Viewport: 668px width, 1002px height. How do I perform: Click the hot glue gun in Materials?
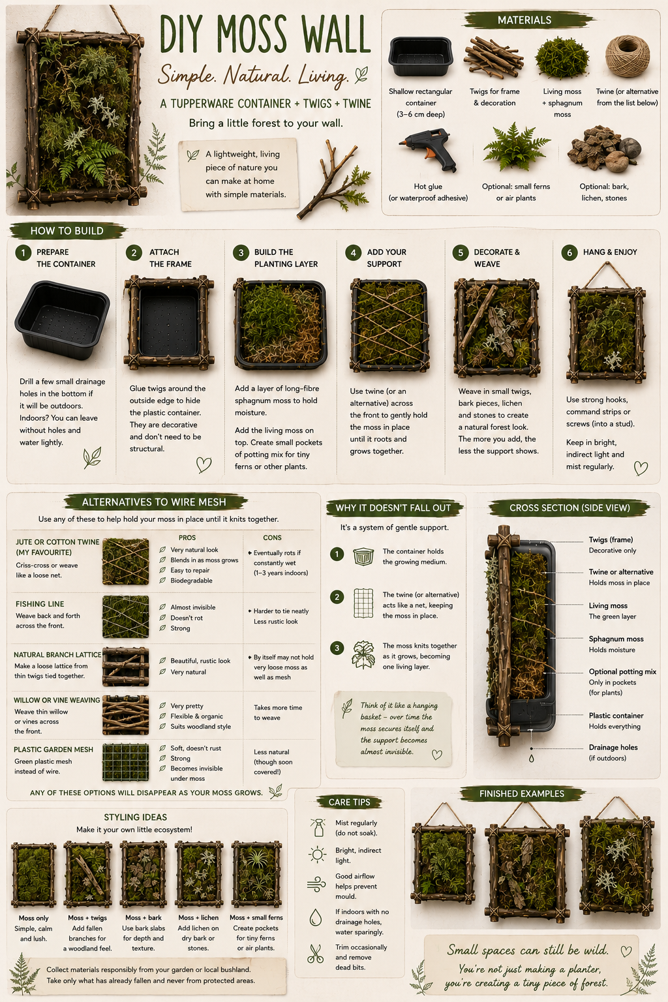pos(429,150)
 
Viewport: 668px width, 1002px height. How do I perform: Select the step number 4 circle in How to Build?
pos(353,252)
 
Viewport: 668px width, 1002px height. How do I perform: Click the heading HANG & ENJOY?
pos(610,252)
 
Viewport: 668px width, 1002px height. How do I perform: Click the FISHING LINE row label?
pos(40,604)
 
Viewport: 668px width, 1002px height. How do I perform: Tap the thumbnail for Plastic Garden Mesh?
pos(126,763)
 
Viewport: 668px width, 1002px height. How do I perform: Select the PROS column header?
pos(187,538)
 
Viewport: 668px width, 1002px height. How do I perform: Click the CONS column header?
pos(272,538)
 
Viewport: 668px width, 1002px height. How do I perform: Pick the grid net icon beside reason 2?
pos(363,603)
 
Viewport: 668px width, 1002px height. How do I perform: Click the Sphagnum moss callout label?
pos(616,639)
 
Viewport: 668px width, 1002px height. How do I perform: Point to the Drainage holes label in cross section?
pos(613,748)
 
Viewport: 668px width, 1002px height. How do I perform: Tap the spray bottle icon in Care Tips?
pos(318,828)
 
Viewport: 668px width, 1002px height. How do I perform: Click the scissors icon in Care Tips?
pos(315,953)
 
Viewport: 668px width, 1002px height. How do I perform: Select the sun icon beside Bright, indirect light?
pos(317,855)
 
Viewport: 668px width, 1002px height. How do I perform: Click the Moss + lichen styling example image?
pos(199,874)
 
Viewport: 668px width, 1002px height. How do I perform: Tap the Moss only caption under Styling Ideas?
pos(33,918)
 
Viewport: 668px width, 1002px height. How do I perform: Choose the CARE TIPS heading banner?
pos(350,802)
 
